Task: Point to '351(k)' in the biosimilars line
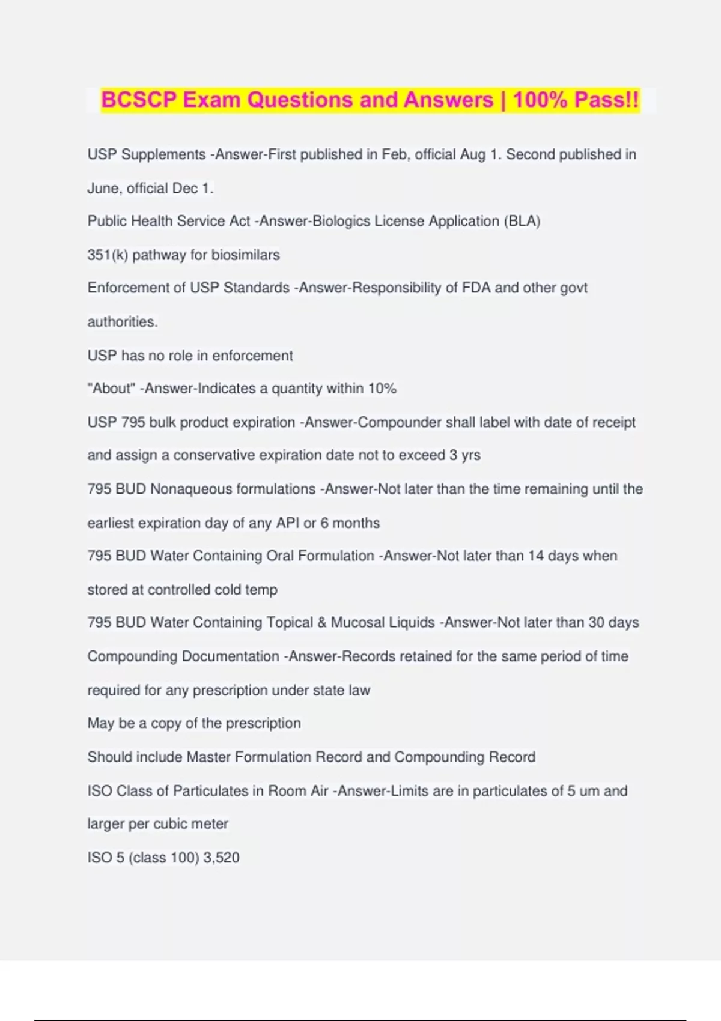108,255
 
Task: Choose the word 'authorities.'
123,321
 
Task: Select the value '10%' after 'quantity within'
382,389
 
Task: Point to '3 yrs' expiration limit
465,455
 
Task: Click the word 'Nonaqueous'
233,489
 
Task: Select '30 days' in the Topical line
613,622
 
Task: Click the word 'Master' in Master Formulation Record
208,757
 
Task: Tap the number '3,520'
221,857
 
